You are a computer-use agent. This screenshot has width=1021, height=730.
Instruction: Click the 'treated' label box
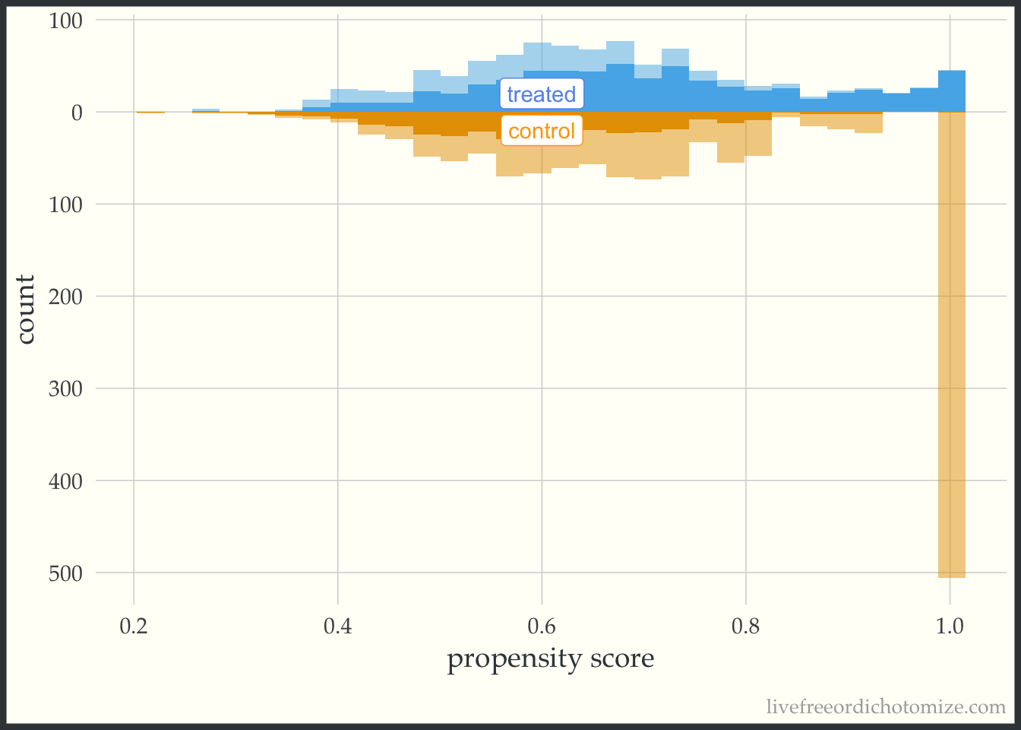pyautogui.click(x=542, y=94)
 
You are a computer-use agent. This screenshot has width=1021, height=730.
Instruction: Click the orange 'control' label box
pyautogui.click(x=542, y=131)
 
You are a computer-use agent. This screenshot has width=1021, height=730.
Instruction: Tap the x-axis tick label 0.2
pyautogui.click(x=134, y=627)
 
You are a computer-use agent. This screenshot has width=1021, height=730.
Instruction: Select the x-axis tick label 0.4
pyautogui.click(x=337, y=627)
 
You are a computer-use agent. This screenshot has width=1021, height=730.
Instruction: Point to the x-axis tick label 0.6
pyautogui.click(x=542, y=627)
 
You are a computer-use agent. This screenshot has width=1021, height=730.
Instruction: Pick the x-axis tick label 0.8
pyautogui.click(x=745, y=627)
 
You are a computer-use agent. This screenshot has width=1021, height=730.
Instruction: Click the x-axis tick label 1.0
pyautogui.click(x=950, y=627)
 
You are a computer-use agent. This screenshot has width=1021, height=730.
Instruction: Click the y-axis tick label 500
pyautogui.click(x=65, y=573)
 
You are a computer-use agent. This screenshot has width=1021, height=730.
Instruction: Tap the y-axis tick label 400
pyautogui.click(x=65, y=481)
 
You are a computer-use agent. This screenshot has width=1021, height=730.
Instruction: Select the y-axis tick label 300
pyautogui.click(x=65, y=389)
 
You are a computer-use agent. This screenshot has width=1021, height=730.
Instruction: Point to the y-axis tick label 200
pyautogui.click(x=65, y=297)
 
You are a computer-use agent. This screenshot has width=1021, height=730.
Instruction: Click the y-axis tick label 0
pyautogui.click(x=77, y=113)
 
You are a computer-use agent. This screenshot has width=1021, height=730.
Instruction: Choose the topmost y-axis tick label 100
pyautogui.click(x=65, y=21)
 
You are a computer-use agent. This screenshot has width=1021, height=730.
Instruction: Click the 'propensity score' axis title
pyautogui.click(x=550, y=659)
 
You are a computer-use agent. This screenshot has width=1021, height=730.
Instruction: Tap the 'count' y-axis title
pyautogui.click(x=26, y=309)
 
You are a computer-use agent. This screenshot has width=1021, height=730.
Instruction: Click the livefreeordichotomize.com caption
pyautogui.click(x=886, y=707)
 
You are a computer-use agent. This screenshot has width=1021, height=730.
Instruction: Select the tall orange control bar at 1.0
pyautogui.click(x=951, y=342)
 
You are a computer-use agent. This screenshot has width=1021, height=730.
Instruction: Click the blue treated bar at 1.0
pyautogui.click(x=951, y=91)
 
